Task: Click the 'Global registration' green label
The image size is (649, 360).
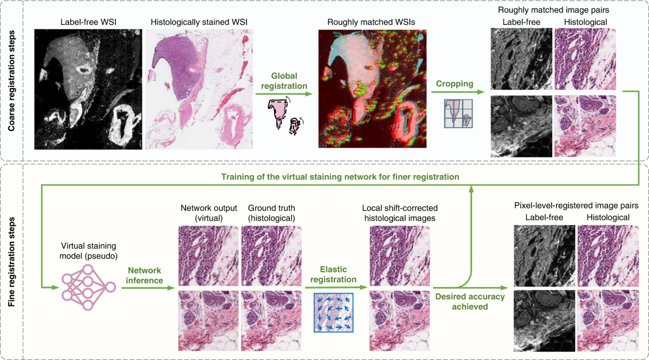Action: (284, 81)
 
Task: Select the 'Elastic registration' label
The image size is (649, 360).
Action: (333, 274)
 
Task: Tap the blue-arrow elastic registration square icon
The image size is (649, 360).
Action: (333, 312)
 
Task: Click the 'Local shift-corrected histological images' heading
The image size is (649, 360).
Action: (400, 212)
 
